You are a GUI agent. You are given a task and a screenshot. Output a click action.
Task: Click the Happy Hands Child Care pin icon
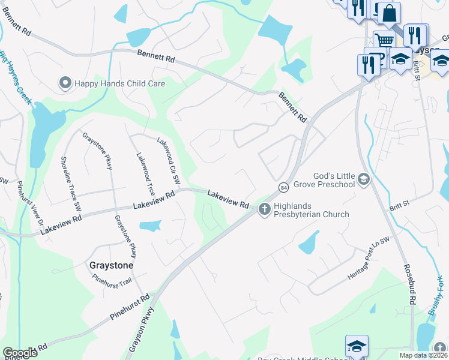point(65,83)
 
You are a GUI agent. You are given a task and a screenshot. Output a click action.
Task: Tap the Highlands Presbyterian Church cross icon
point(264,209)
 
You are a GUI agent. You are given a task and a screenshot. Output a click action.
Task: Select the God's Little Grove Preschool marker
point(363,179)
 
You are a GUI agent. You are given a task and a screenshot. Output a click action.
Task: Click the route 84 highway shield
point(283,188)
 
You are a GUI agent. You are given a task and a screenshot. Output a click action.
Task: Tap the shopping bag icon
point(389,13)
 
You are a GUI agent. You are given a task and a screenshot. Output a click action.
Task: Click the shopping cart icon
point(384,41)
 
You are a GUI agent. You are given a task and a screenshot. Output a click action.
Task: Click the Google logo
point(20,353)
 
